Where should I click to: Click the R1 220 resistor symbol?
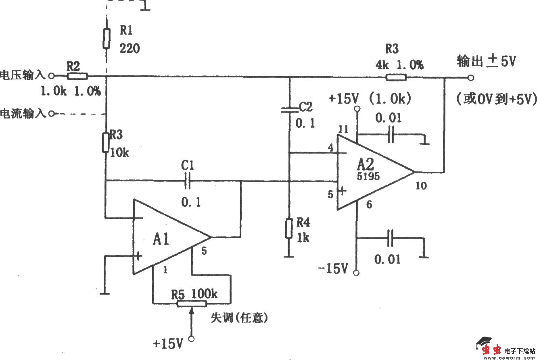point(106,38)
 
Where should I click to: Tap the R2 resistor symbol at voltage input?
point(77,75)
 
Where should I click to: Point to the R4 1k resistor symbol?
point(289,228)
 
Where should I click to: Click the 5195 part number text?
point(368,176)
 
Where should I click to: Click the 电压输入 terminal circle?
point(51,75)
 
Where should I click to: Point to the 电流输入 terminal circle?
point(51,114)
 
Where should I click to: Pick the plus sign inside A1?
point(139,256)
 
